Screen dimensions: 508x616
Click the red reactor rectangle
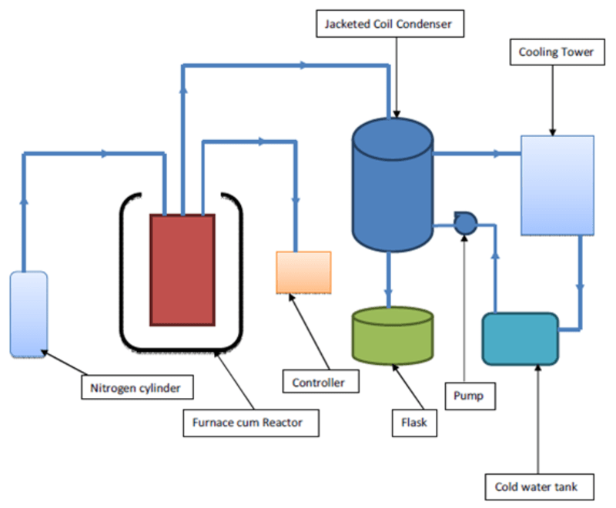point(182,269)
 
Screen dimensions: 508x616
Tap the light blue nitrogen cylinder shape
point(29,314)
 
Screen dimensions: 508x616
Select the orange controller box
point(303,272)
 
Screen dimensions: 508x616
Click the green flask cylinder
point(392,336)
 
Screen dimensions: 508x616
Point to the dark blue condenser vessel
point(391,185)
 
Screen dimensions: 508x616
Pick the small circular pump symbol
point(464,223)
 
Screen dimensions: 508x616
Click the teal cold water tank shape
point(521,339)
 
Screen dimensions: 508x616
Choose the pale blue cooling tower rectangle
point(557,185)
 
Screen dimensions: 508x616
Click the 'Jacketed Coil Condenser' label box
point(393,25)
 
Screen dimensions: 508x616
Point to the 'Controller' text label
point(318,382)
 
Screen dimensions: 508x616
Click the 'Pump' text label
point(468,396)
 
